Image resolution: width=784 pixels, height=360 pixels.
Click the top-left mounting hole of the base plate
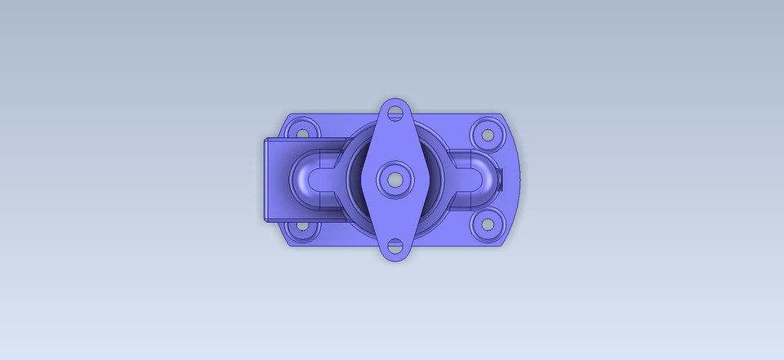(302, 131)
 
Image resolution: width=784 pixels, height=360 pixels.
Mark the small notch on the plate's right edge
(517, 177)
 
